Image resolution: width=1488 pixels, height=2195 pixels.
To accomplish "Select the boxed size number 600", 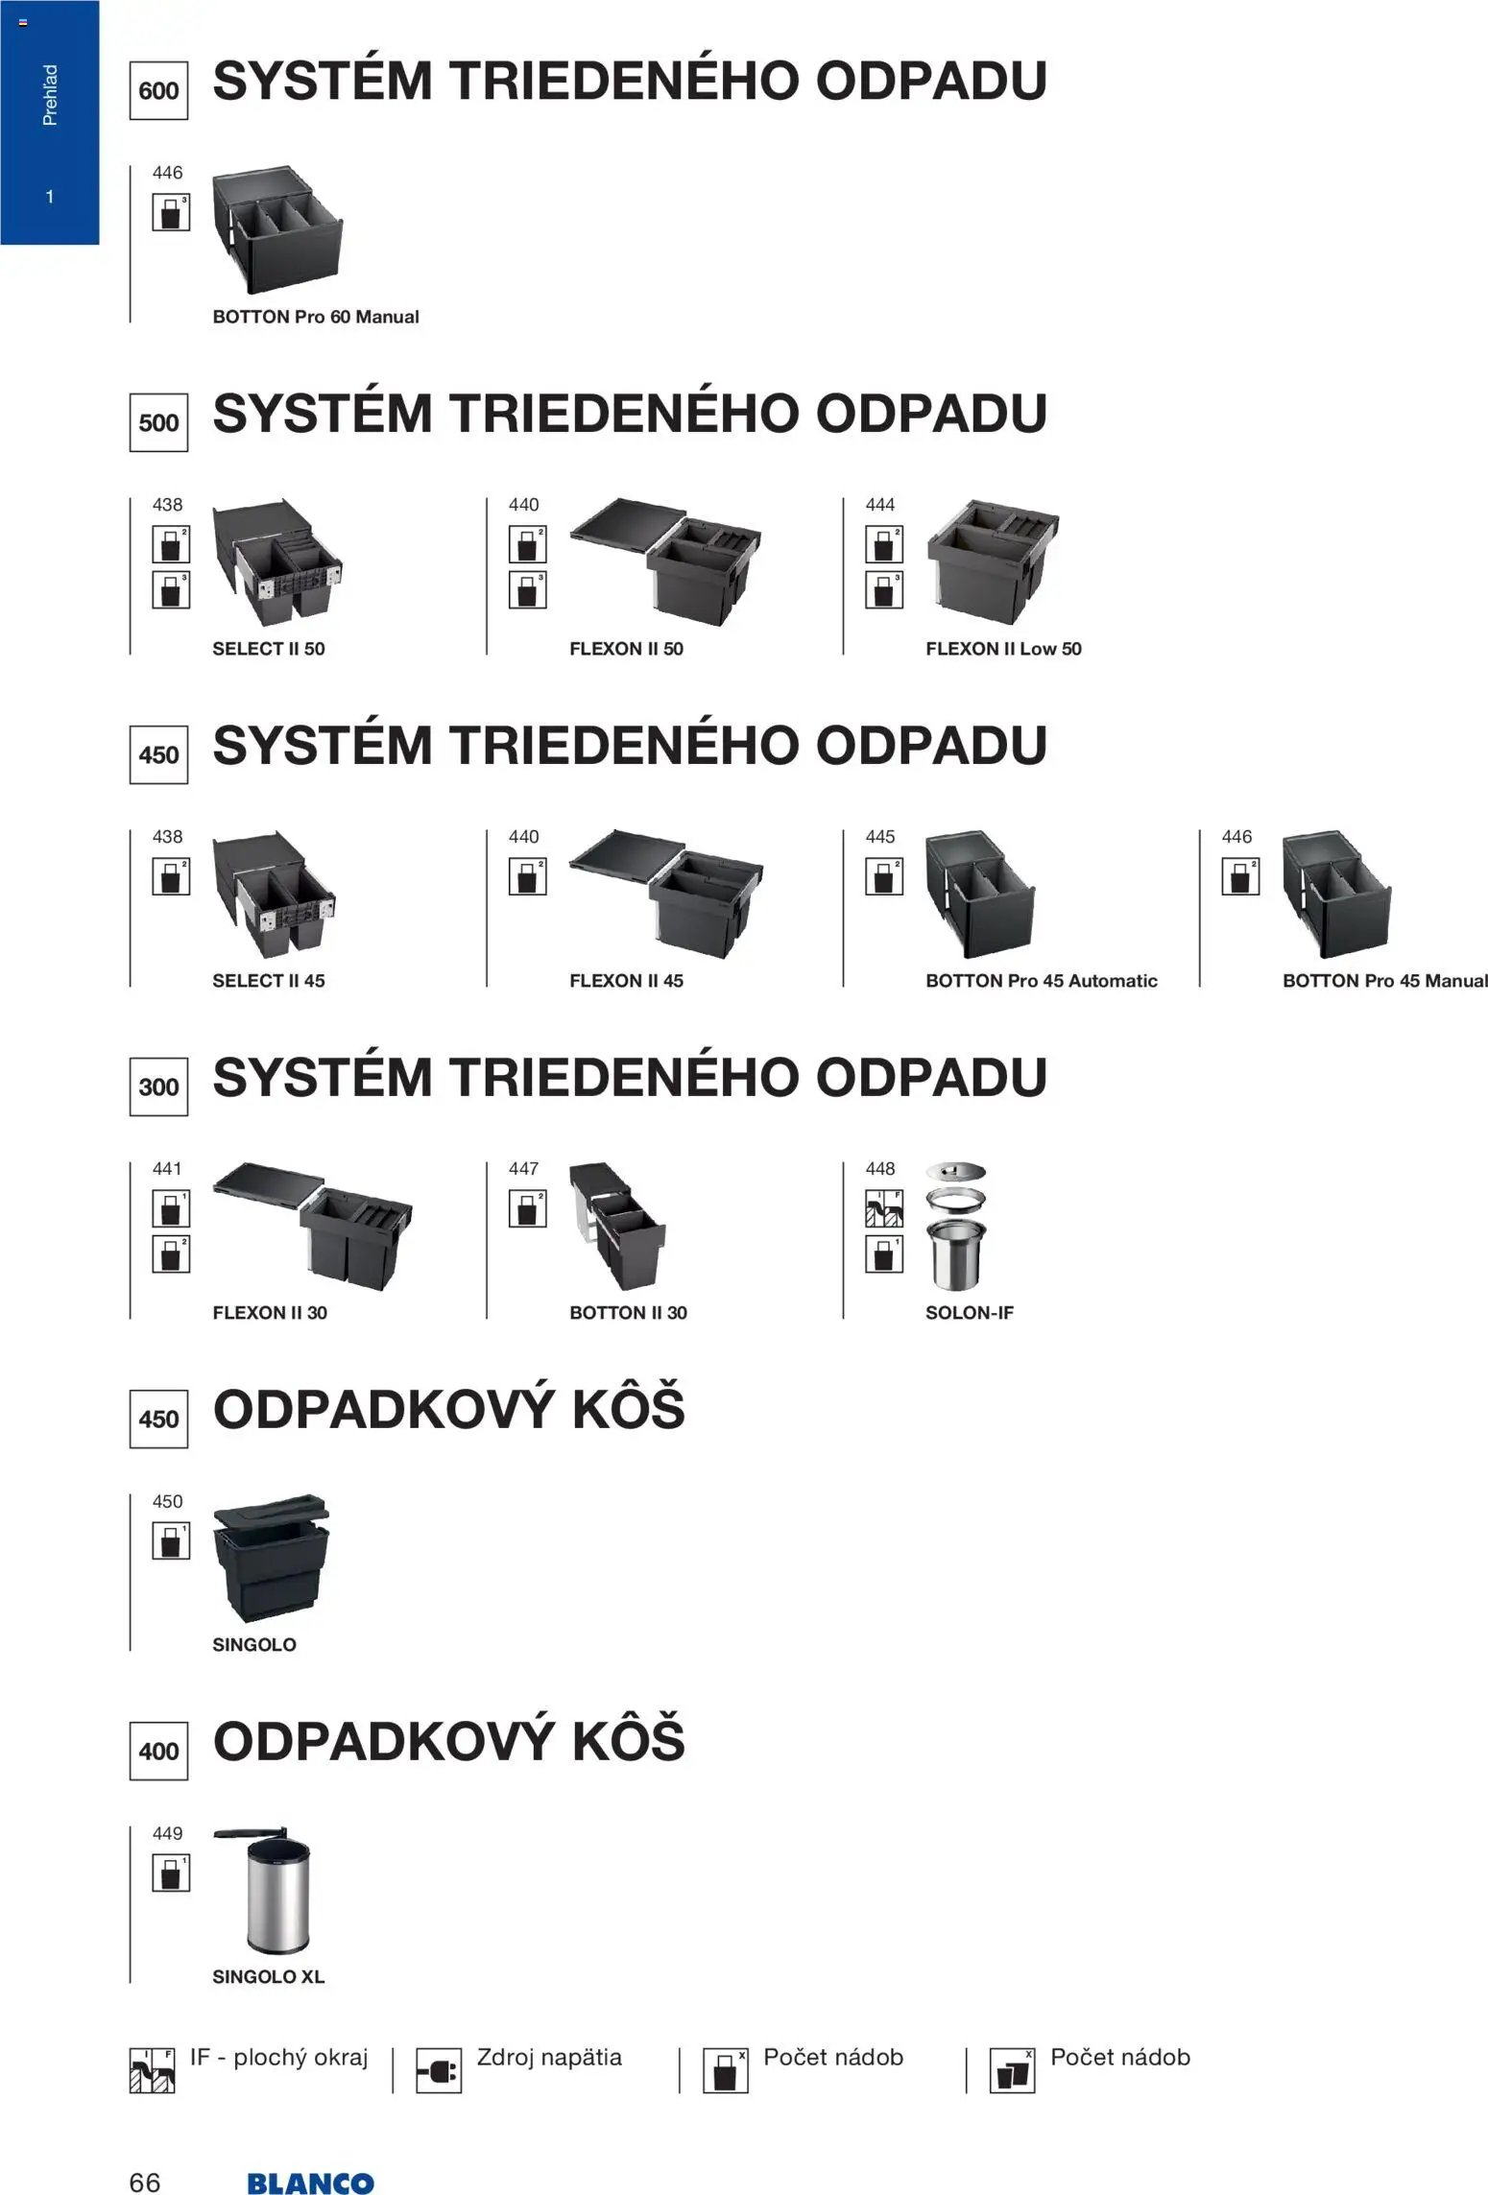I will [158, 91].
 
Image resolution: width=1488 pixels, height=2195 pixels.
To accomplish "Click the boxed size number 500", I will [158, 423].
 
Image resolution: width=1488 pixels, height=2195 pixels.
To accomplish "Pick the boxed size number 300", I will [158, 1087].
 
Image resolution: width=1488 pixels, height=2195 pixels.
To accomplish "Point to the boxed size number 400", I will [158, 1752].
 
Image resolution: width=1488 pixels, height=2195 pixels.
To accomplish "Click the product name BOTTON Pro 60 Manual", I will [316, 317].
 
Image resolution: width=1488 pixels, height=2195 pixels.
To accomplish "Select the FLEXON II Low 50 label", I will [1003, 649].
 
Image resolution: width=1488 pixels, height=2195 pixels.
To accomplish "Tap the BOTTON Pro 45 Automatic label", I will [1042, 981].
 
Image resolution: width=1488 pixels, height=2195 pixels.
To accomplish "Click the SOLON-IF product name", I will [970, 1313].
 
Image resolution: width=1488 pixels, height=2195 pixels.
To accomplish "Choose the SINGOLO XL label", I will [269, 1977].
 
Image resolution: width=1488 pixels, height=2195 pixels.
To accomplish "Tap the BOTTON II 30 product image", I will [617, 1228].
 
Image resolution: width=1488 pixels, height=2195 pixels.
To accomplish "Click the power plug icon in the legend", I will [439, 2070].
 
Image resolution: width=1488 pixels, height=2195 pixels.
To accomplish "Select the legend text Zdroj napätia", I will [549, 2058].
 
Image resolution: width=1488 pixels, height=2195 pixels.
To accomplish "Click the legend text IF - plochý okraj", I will [278, 2058].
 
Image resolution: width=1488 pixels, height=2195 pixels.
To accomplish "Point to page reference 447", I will [524, 1169].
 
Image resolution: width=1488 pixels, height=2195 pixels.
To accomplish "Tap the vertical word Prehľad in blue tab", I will [50, 95].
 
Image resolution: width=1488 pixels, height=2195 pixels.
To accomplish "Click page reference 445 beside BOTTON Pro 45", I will [880, 837].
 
